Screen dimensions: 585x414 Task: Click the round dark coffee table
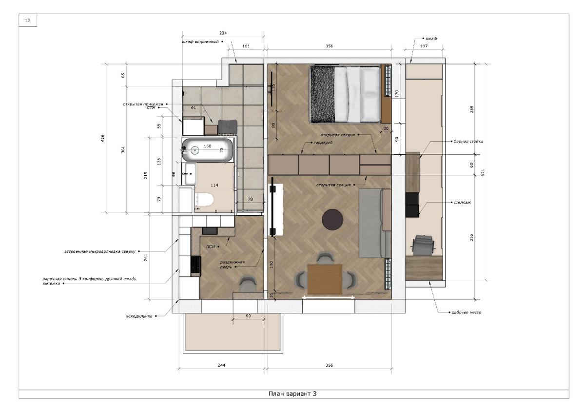point(332,220)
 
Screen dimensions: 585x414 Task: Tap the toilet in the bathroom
point(205,200)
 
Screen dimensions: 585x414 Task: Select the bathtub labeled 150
point(207,150)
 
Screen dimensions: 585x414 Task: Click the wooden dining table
point(325,279)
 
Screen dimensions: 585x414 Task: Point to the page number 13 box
point(28,20)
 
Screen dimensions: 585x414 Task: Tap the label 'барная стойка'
point(468,142)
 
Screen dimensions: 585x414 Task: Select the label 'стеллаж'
point(462,203)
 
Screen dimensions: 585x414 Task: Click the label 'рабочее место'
point(466,312)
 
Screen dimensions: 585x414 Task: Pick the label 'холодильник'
point(139,316)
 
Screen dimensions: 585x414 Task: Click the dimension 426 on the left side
point(103,138)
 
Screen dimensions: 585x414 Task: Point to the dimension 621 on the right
point(483,172)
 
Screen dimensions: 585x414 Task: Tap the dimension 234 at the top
point(223,33)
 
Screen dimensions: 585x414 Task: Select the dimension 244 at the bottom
point(221,365)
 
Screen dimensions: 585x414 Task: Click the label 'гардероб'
point(323,143)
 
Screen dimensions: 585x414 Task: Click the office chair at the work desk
point(423,245)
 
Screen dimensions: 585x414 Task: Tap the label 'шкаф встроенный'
point(200,41)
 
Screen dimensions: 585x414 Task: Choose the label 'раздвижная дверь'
point(232,265)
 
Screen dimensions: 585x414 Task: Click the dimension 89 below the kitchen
point(248,316)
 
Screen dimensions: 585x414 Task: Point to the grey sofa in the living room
point(374,223)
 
